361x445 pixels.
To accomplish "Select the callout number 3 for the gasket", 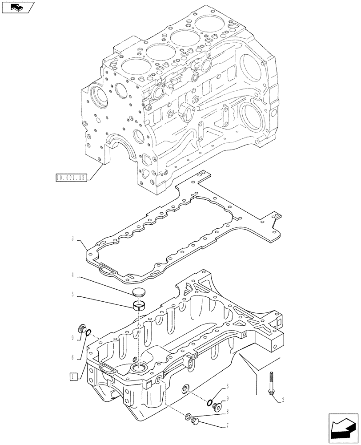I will (72, 239).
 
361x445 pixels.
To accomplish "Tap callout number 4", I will (72, 275).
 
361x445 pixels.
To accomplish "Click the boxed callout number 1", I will (72, 377).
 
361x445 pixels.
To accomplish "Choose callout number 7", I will (228, 425).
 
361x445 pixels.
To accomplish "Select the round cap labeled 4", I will (140, 292).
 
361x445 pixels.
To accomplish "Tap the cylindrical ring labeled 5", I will (140, 305).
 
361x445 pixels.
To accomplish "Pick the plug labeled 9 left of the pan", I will (81, 329).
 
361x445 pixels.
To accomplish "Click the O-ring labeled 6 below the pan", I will (209, 403).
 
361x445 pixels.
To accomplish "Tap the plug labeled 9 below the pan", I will (217, 406).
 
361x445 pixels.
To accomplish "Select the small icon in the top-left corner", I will (17, 7).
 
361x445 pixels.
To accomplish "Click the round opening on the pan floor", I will (140, 368).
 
